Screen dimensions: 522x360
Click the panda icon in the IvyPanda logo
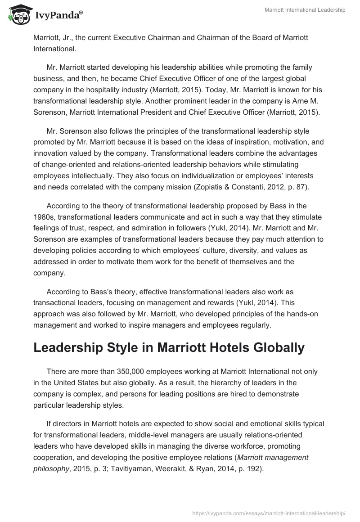[17, 15]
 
